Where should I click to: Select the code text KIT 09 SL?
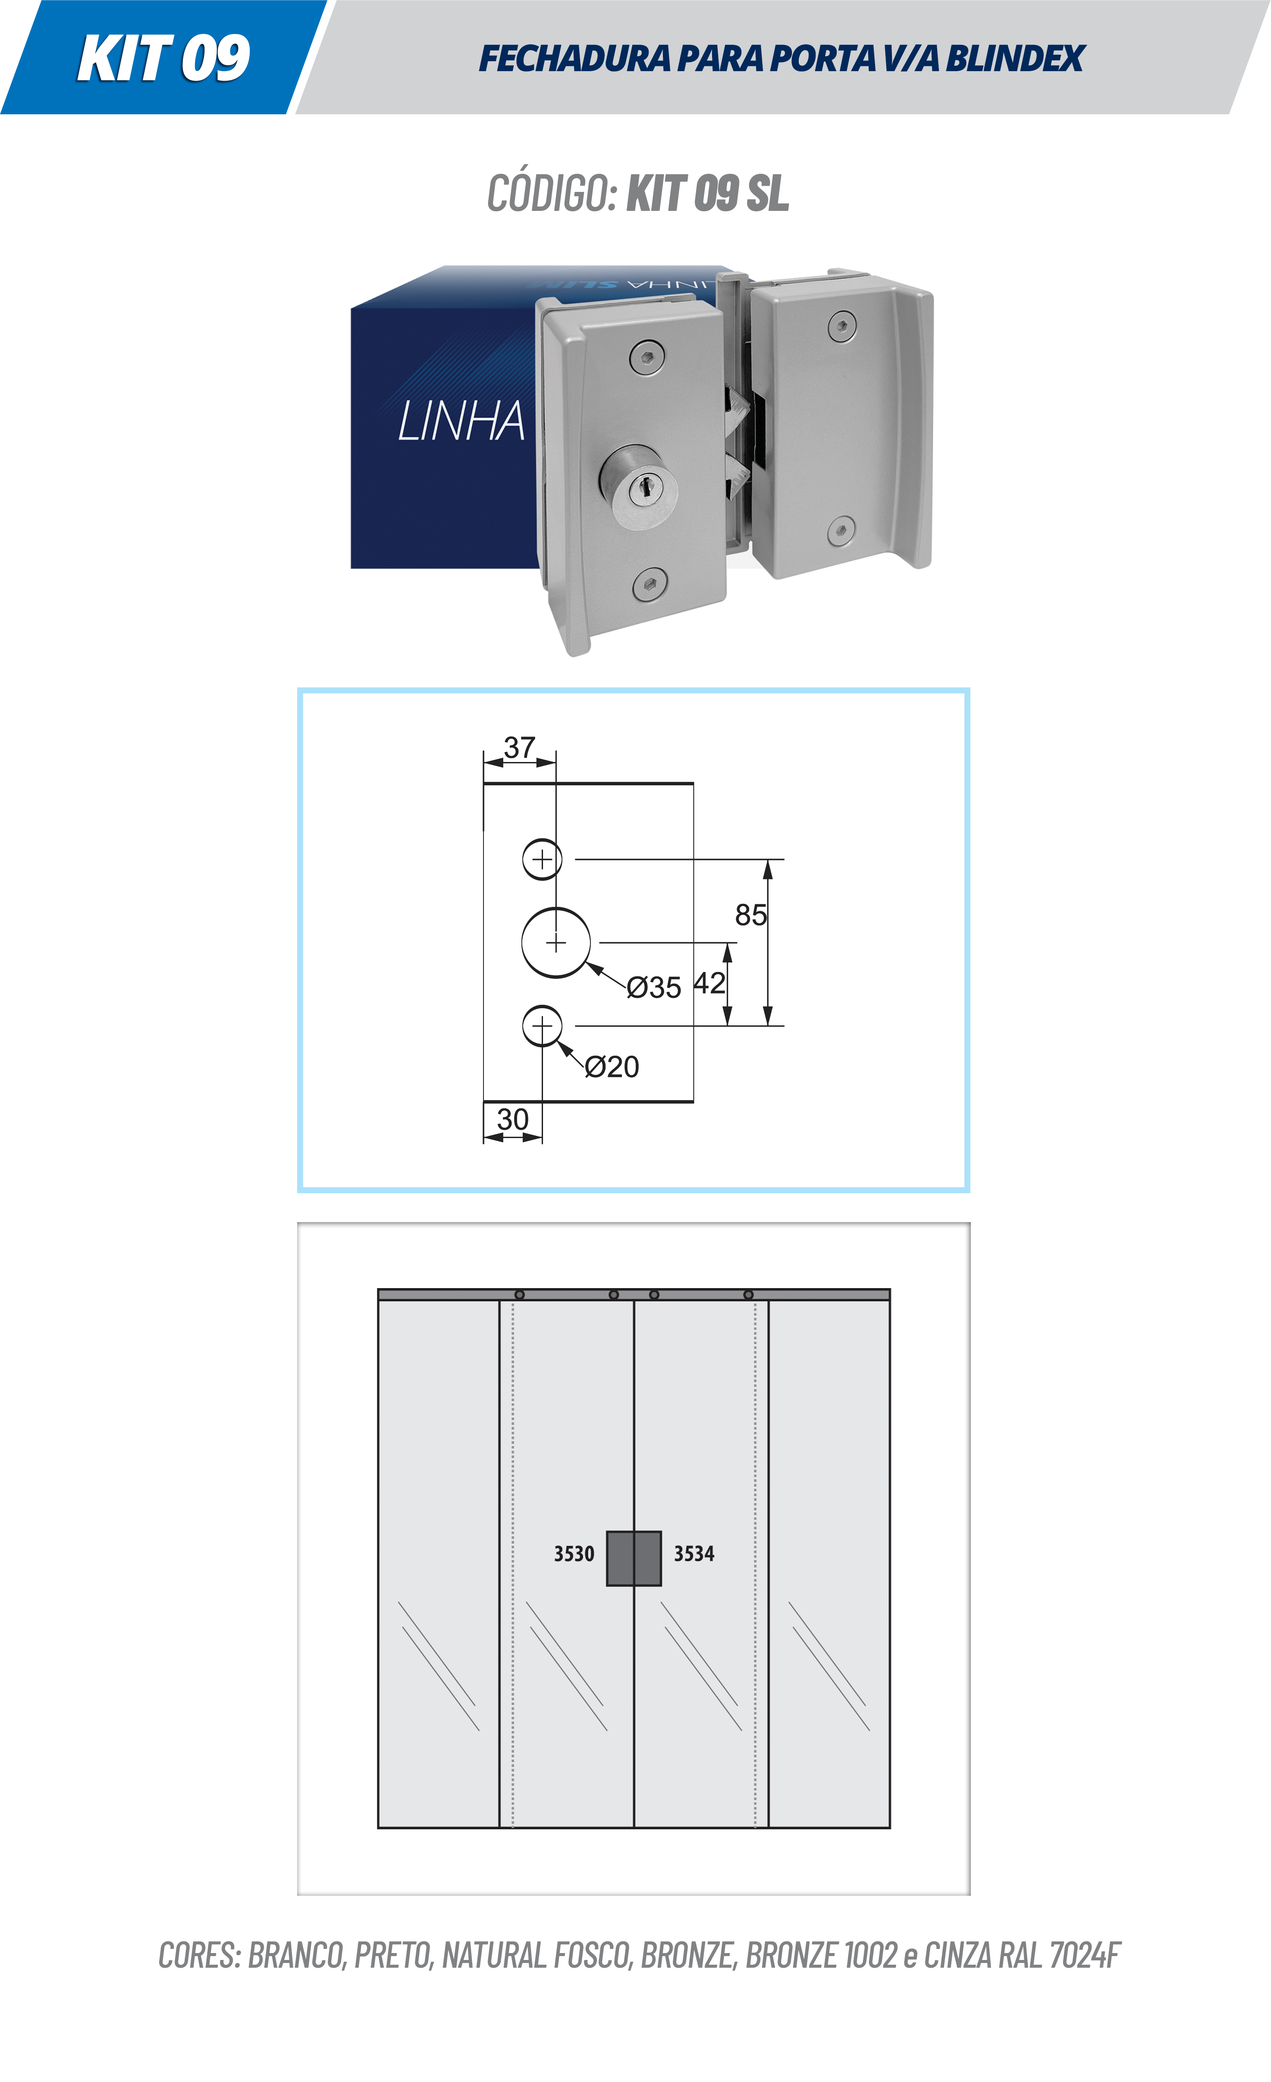(x=707, y=194)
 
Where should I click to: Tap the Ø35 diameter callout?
(x=653, y=987)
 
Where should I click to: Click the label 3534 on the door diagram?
(x=694, y=1553)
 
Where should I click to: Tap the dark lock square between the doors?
(x=634, y=1558)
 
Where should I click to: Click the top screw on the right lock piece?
(x=842, y=326)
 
